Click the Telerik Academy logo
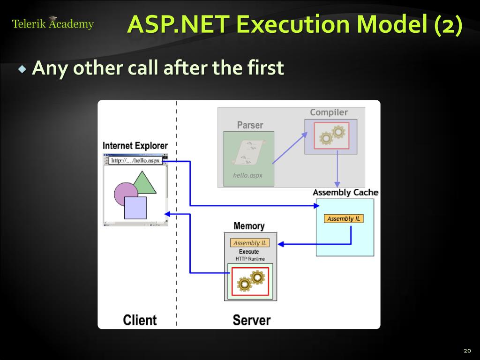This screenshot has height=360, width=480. point(53,23)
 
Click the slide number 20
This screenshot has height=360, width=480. point(467,351)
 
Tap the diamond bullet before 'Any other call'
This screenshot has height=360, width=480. point(22,69)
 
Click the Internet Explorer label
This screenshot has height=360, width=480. point(135,146)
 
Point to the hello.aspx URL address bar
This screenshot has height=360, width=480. point(135,160)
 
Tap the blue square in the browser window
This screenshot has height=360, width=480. point(135,208)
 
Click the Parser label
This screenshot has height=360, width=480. point(250,125)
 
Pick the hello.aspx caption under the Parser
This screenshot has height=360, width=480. point(248,175)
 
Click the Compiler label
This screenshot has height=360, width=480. point(329,112)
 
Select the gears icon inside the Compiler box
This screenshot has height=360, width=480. point(332,135)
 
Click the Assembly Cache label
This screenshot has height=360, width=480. point(345,193)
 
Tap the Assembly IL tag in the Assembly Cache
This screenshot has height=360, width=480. point(344,219)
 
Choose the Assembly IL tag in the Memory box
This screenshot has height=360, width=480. point(250,243)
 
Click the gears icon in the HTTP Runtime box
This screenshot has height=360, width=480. point(251,281)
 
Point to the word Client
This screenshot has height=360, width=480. point(140,320)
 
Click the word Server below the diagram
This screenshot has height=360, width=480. point(252,320)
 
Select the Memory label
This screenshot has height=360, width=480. point(249,226)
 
